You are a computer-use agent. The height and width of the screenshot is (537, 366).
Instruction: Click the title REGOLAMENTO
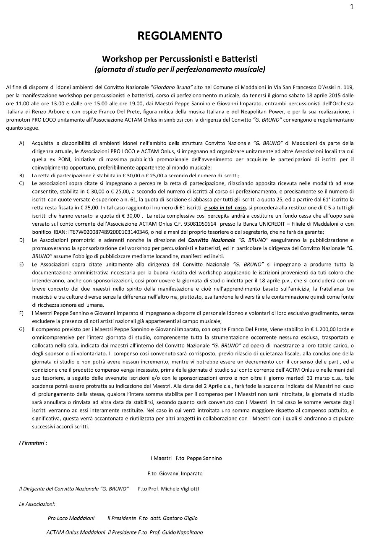[180, 36]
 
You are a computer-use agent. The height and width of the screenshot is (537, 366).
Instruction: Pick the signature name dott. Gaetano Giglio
[172, 518]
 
